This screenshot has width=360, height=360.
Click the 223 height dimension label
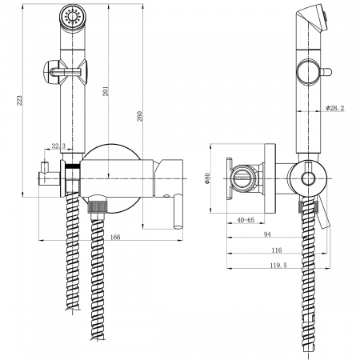pos(20,101)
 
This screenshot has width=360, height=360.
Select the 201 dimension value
pos(106,91)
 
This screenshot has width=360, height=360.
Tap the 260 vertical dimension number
pos(140,116)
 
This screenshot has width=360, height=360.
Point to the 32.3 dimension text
pos(58,146)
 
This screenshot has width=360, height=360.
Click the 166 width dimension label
pos(115,237)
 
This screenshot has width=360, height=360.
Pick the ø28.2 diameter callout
pos(335,108)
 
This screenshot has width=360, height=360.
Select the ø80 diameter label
pos(208,178)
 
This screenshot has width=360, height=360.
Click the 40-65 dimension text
pos(246,220)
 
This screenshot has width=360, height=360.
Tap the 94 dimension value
pos(267,234)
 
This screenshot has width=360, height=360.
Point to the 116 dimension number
pos(277,250)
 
